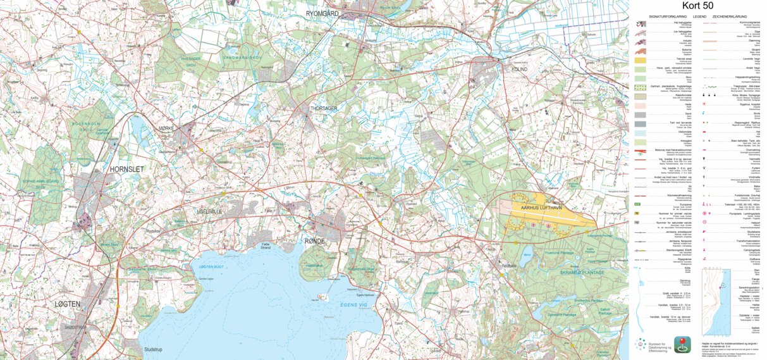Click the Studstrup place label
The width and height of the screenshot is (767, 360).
(x=154, y=349)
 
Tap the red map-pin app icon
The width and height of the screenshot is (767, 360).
(x=682, y=344)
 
